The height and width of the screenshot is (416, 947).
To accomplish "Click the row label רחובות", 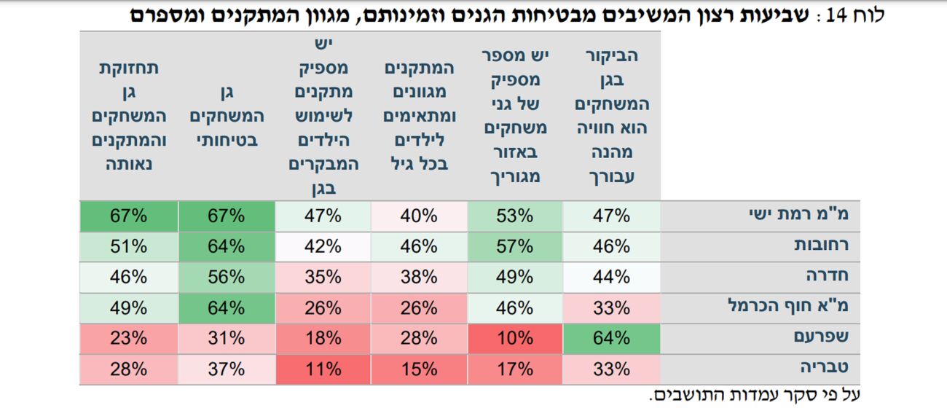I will pos(821,246).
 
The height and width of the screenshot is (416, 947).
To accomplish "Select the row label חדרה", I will pos(829,277).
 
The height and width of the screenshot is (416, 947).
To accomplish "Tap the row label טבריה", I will pos(826,369).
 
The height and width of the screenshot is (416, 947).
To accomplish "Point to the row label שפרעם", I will pos(823,338).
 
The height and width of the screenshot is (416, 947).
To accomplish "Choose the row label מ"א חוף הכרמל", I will pos(789,307).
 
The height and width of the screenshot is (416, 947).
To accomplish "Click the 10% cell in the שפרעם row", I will pos(514,338).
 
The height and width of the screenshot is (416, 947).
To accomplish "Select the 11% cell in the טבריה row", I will pos(323,369).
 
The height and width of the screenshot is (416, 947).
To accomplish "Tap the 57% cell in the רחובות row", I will pos(514,246).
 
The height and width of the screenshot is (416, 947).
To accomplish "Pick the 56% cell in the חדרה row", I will pos(226,277).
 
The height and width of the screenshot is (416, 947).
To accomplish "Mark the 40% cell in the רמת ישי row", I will pos(419,216).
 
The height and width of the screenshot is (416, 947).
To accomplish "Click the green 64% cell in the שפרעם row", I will pos(611,338).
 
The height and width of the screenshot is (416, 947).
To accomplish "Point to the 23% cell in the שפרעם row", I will pos(129,338).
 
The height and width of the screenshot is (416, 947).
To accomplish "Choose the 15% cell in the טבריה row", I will pos(419,369).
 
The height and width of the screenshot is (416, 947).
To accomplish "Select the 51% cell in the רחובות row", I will pos(129,246).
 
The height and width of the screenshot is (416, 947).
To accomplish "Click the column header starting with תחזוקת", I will pos(129,117).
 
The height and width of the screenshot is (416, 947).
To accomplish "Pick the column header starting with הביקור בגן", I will pos(612,117).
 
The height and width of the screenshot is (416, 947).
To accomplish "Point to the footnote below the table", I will pos(755,396).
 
